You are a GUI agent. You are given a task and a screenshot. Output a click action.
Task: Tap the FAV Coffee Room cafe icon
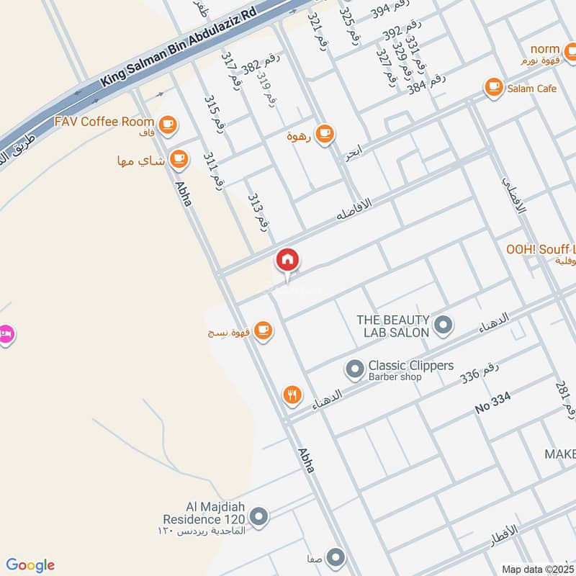tap(168, 125)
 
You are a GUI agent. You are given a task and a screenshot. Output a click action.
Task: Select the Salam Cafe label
tap(531, 88)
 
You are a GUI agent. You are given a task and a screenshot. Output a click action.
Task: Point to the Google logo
tap(30, 565)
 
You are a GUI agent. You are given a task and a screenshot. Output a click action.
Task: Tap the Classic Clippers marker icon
tap(354, 370)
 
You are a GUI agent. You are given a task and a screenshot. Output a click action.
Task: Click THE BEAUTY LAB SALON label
tap(393, 325)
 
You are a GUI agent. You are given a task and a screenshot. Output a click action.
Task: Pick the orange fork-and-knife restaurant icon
tap(292, 395)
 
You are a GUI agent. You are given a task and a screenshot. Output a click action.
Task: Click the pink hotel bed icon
tap(6, 335)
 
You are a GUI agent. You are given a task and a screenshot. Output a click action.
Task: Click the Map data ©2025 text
tap(536, 569)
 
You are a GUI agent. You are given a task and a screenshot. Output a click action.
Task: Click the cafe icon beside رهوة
tap(325, 132)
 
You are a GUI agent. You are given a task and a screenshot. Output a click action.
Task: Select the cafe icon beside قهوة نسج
tap(264, 330)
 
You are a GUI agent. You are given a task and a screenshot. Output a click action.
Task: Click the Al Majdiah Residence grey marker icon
tap(259, 516)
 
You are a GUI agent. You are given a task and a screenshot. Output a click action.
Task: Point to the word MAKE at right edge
tap(559, 454)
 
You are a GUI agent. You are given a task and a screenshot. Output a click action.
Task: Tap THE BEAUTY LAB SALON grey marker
tap(444, 325)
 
